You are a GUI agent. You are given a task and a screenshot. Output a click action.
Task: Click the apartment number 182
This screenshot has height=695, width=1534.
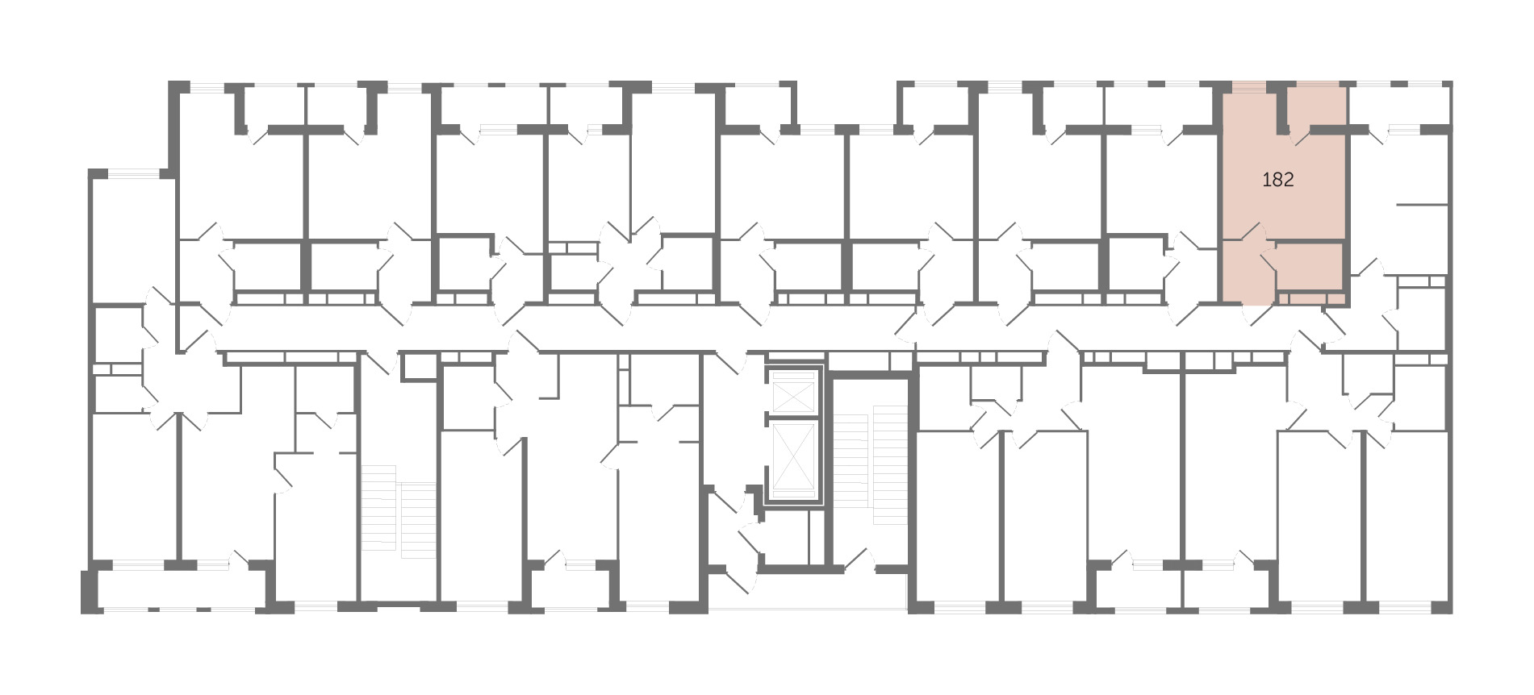1277,180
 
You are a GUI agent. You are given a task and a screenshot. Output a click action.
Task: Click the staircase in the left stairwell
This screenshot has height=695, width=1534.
399,512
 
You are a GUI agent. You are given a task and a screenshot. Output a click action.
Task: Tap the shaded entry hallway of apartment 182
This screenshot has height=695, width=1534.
1243,271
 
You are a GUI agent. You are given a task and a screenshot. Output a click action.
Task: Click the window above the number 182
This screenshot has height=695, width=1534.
1249,83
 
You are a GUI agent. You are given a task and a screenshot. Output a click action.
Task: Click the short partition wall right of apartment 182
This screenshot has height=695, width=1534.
1422,206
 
